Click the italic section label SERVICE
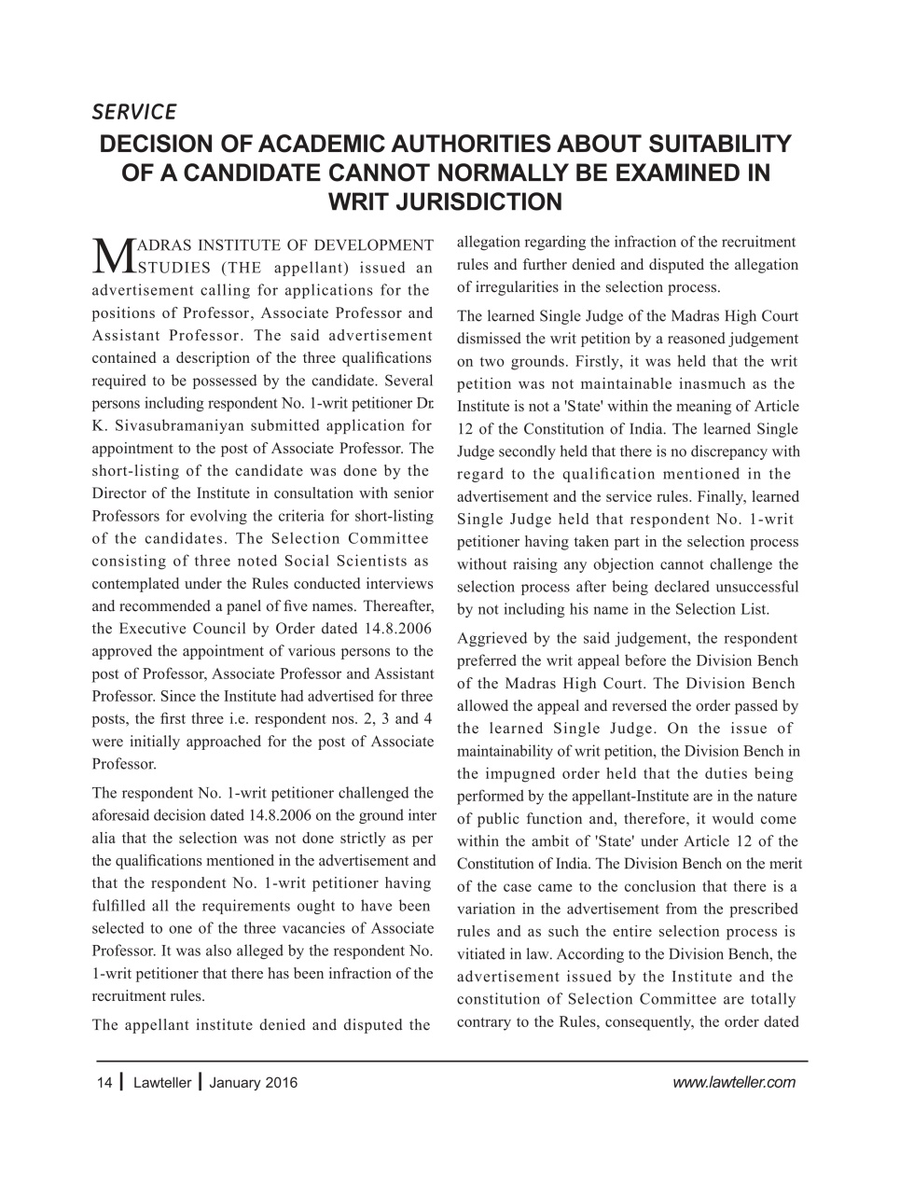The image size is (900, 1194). (133, 112)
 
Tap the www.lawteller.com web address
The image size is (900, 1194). (733, 1082)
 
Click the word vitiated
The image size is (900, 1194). (484, 954)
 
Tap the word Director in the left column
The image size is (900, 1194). (119, 493)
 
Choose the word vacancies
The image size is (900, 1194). (315, 928)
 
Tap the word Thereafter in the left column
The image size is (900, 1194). (399, 606)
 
